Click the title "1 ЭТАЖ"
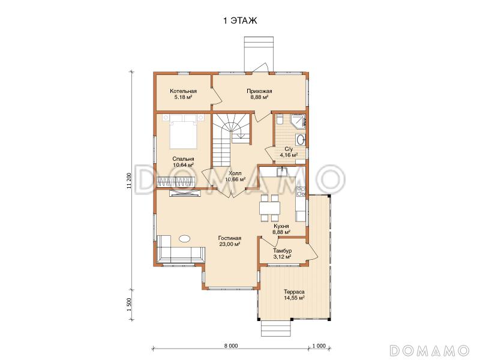click(239, 21)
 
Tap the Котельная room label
click(184, 91)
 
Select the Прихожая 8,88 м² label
click(259, 94)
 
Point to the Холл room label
click(235, 173)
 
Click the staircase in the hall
click(232, 140)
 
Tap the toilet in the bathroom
click(279, 119)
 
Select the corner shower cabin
click(298, 121)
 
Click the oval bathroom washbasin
click(301, 140)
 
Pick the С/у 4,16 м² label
click(289, 152)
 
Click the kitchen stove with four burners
click(301, 191)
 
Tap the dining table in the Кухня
click(269, 208)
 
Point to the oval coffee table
click(185, 238)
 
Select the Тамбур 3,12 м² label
click(282, 254)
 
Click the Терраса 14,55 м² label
click(294, 295)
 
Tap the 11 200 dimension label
click(129, 181)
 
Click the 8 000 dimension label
click(231, 346)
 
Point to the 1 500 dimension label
click(129, 305)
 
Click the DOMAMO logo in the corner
click(430, 350)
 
